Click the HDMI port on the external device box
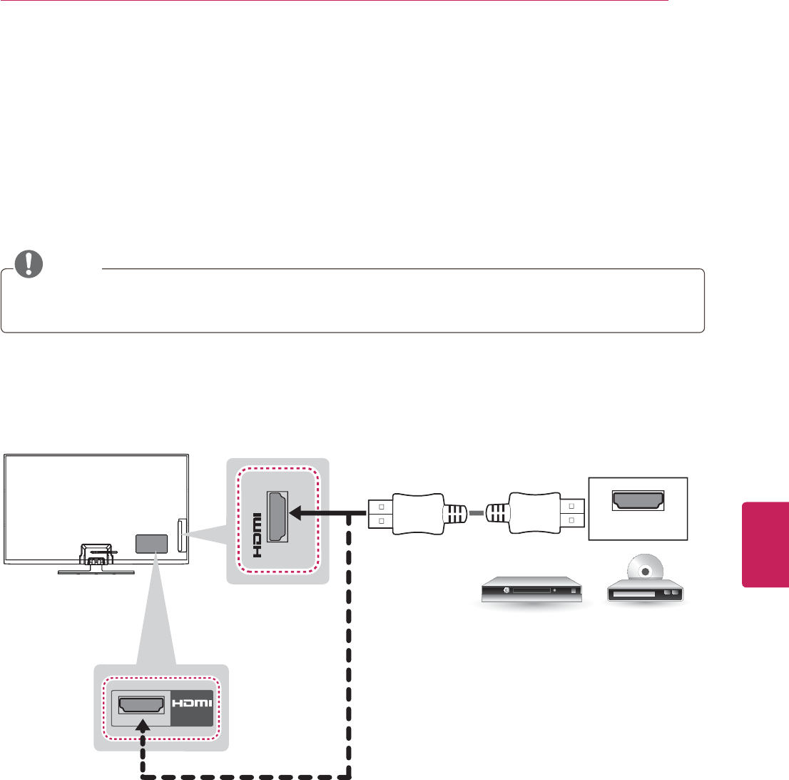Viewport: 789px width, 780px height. pyautogui.click(x=637, y=501)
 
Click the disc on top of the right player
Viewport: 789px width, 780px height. pyautogui.click(x=645, y=571)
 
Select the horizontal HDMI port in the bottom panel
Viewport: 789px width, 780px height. pyautogui.click(x=141, y=705)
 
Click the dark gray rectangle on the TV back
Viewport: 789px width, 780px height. pyautogui.click(x=151, y=544)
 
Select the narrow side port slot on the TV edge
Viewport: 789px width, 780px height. pyautogui.click(x=181, y=534)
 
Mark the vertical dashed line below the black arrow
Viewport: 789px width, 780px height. pyautogui.click(x=349, y=642)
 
